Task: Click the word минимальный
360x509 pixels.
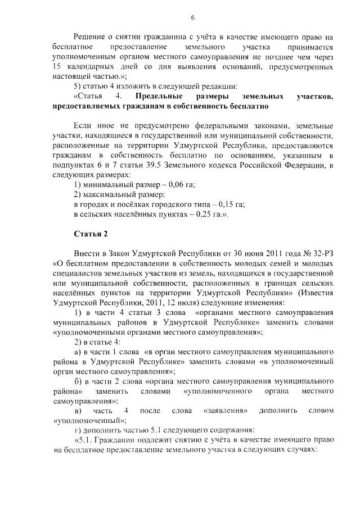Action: pyautogui.click(x=110, y=185)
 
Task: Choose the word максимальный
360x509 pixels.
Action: pyautogui.click(x=111, y=195)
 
